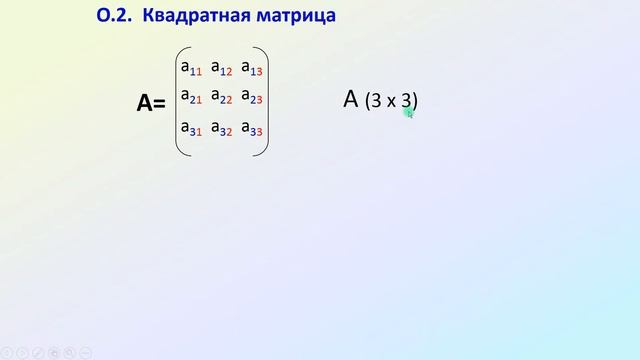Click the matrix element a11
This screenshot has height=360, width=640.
[x=191, y=68]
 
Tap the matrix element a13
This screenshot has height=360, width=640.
[x=252, y=68]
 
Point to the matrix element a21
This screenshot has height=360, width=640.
[x=191, y=97]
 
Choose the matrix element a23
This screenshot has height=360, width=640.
[x=252, y=97]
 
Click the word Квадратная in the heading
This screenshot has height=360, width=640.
[x=193, y=17]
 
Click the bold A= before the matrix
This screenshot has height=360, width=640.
[x=150, y=102]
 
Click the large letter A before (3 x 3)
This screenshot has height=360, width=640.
[x=350, y=99]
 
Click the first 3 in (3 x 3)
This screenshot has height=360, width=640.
[x=374, y=101]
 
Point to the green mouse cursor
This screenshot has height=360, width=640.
[x=408, y=113]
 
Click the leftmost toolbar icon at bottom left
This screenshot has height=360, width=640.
[x=7, y=353]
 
